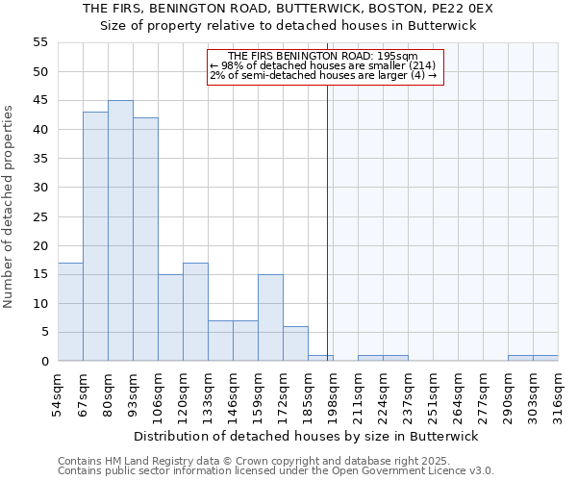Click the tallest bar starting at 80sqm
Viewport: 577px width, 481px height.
click(120, 231)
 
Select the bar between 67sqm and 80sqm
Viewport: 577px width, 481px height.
click(95, 237)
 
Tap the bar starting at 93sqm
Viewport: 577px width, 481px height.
click(145, 240)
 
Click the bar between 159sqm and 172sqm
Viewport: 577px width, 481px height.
click(270, 317)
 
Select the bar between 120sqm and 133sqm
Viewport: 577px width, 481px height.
click(195, 312)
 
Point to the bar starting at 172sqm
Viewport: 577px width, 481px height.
click(295, 343)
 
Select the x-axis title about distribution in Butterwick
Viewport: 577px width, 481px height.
click(306, 436)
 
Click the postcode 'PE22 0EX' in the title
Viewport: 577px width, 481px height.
click(464, 8)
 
